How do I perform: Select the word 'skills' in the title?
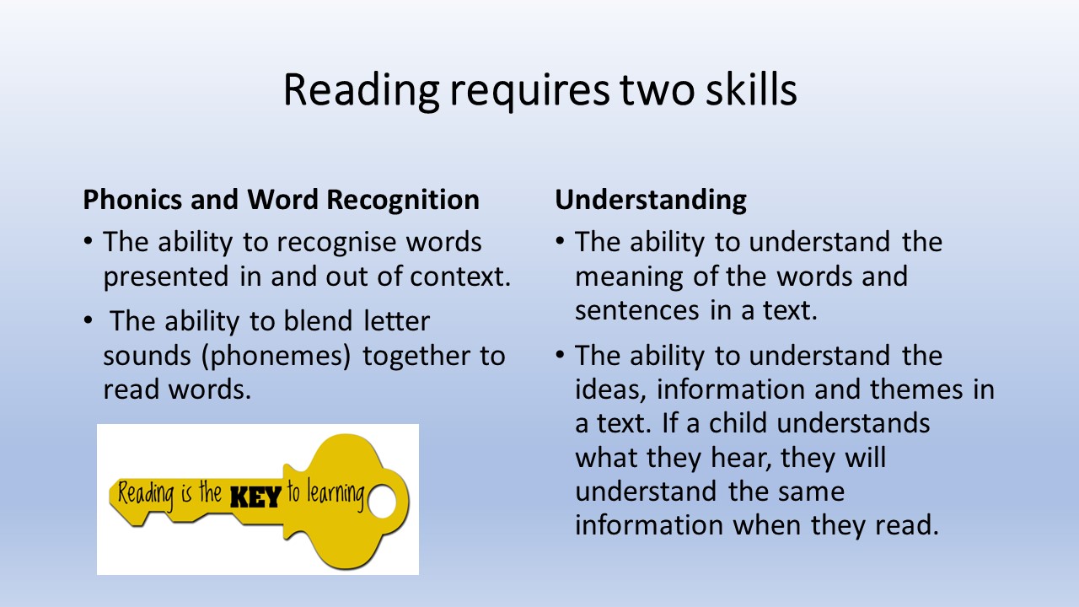point(751,89)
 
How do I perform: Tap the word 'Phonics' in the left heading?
point(132,200)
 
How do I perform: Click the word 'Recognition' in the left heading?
point(403,201)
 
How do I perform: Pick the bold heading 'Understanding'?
point(651,201)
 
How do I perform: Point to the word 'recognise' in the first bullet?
point(332,242)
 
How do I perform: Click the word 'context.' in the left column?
point(460,277)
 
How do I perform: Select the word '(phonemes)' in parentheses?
point(276,357)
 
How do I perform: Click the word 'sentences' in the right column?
point(636,311)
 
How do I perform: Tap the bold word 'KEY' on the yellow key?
point(255,497)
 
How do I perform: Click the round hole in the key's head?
point(382,501)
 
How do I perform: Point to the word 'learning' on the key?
point(336,495)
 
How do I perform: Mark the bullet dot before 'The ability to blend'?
point(88,320)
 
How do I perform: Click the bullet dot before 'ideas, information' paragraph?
point(560,355)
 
